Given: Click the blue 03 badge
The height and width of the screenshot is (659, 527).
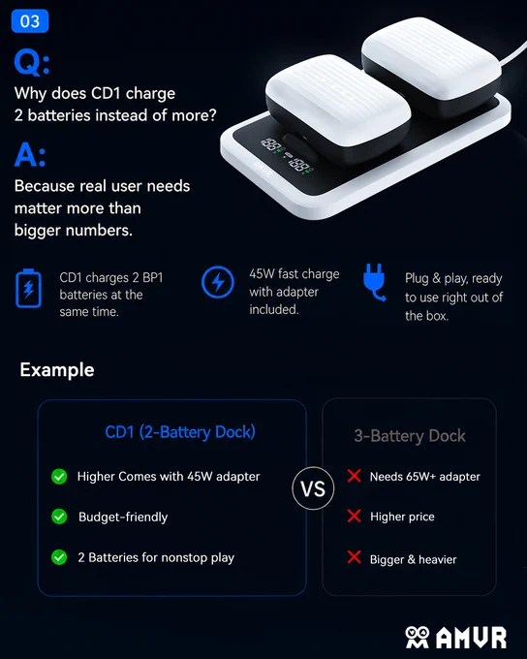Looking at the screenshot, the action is (x=30, y=21).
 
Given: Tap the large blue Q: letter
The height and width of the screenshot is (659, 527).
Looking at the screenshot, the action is (x=32, y=63).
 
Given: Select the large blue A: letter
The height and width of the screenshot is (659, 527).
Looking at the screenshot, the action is (x=29, y=155).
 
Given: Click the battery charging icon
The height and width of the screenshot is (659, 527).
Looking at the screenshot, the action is (x=28, y=289).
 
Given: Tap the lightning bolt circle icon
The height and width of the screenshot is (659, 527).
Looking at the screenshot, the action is (x=218, y=282).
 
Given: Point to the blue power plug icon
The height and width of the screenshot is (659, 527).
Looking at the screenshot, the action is (x=374, y=282).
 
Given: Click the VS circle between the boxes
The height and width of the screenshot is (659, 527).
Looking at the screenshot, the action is (x=313, y=488).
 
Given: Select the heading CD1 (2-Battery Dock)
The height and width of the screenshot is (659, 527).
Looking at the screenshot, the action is (x=180, y=432).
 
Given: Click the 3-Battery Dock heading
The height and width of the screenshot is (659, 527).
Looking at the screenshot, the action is (x=410, y=436).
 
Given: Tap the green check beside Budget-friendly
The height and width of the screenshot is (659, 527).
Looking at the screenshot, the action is (x=59, y=517).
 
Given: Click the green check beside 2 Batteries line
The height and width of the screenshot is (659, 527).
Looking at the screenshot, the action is (x=59, y=557).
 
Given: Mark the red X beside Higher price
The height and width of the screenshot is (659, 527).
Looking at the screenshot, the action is (x=355, y=516).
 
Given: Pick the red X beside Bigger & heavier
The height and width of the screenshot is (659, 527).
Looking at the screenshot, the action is (x=355, y=557).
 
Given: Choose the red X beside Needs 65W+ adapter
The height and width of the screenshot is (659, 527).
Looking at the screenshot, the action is (x=355, y=476).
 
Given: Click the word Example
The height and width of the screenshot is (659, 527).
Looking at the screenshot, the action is (x=57, y=370).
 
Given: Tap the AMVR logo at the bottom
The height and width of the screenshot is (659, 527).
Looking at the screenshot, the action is (x=456, y=637).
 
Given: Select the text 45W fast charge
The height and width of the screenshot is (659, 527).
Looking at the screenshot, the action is (x=294, y=274).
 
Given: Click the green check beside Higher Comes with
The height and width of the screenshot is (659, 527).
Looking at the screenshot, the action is (x=59, y=477).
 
